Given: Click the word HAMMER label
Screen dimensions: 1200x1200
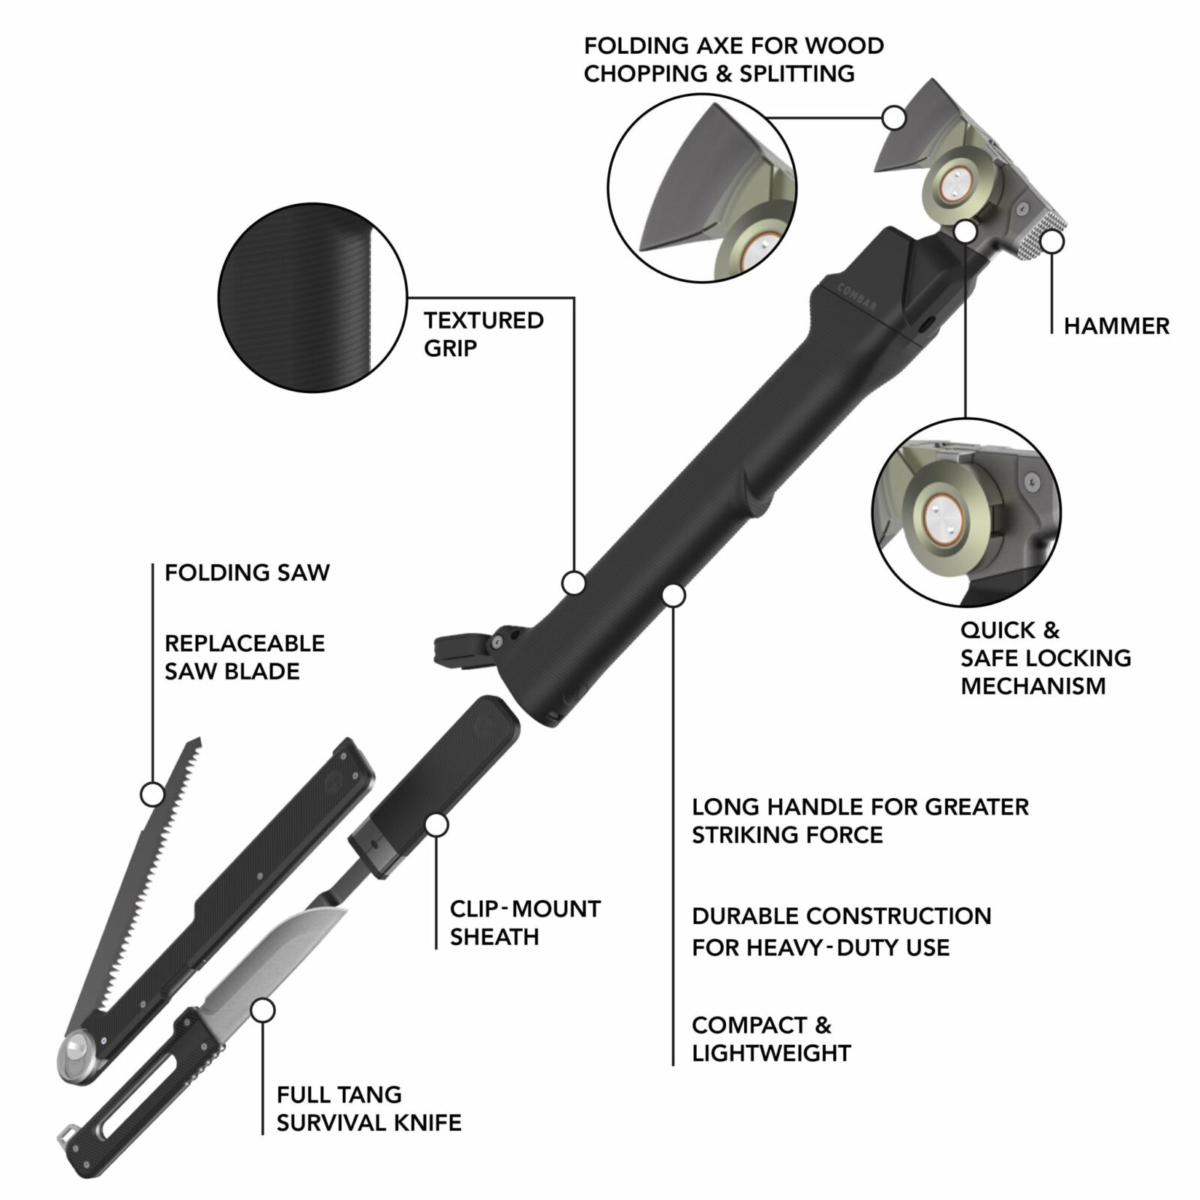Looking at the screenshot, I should (x=1116, y=326).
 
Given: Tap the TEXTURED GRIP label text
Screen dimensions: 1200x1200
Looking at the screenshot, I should (x=483, y=334).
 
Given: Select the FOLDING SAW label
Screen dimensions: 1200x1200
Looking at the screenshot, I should (x=247, y=573).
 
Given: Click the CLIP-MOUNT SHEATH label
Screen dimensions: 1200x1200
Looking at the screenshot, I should (x=524, y=922).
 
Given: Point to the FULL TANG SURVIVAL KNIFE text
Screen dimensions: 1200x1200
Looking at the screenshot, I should (x=368, y=1108).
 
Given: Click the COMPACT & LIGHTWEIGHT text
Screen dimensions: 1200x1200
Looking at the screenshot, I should (x=770, y=1039).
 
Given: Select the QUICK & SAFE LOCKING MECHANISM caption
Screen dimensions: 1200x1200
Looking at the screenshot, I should (x=1045, y=658).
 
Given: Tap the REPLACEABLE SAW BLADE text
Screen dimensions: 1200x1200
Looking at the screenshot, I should (x=244, y=657).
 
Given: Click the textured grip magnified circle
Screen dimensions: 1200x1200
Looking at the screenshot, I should (x=312, y=298).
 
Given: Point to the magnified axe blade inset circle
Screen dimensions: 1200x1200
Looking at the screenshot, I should (x=701, y=188).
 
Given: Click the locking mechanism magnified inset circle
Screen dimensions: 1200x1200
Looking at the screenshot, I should (x=966, y=512).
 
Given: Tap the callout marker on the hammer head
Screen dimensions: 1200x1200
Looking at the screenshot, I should (x=1052, y=242).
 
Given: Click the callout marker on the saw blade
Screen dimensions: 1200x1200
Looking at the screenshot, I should (x=152, y=794).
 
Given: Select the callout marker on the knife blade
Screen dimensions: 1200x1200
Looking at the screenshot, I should (x=262, y=1010).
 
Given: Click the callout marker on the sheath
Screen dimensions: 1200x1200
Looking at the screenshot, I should (x=436, y=825).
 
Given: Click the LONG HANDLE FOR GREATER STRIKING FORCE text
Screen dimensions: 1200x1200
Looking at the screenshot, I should (x=859, y=820).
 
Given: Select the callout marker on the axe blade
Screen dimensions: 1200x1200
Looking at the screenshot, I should (x=893, y=118).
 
